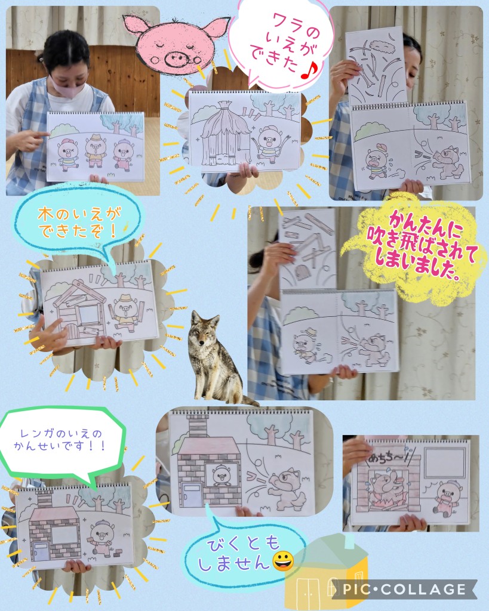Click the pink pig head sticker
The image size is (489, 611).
(x=176, y=44)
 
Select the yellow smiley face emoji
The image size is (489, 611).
(x=284, y=561)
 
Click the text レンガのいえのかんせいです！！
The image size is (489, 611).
(x=60, y=440)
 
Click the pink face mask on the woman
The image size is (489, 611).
(x=68, y=85)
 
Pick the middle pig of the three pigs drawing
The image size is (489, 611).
(x=96, y=150)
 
